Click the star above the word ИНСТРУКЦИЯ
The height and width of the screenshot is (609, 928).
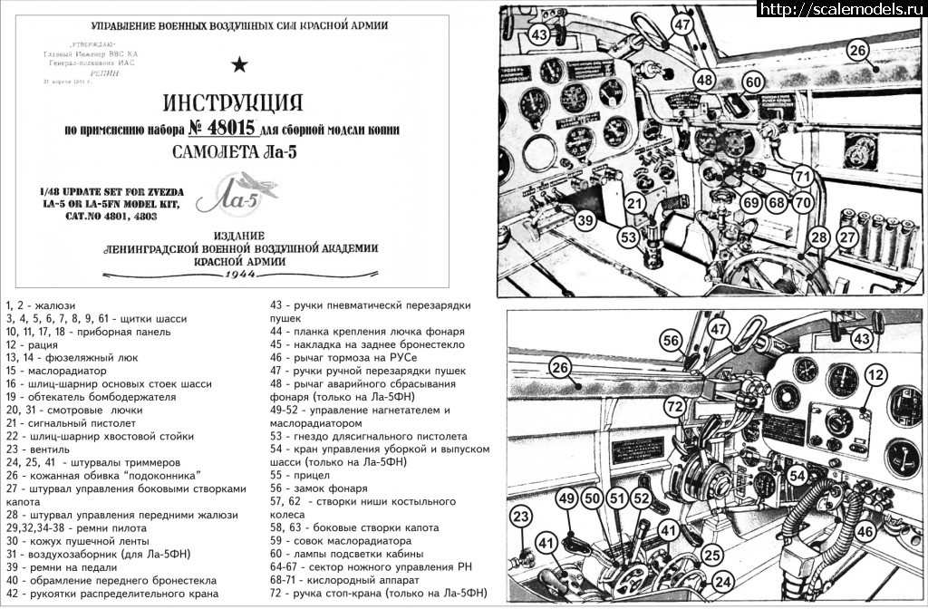point(239,63)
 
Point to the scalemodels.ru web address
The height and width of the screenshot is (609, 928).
point(842,9)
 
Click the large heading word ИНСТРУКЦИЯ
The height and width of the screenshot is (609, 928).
point(232,101)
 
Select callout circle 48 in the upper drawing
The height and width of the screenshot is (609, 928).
point(704,80)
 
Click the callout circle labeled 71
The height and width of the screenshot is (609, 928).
point(802,175)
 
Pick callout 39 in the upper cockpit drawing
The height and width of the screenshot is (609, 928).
point(585,220)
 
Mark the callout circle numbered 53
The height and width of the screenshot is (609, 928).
point(627,237)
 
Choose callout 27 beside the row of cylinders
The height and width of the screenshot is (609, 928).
point(846,237)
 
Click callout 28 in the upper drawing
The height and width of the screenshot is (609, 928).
point(819,237)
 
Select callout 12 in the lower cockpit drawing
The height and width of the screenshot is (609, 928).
point(875,374)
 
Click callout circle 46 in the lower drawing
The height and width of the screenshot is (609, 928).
point(865,532)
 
